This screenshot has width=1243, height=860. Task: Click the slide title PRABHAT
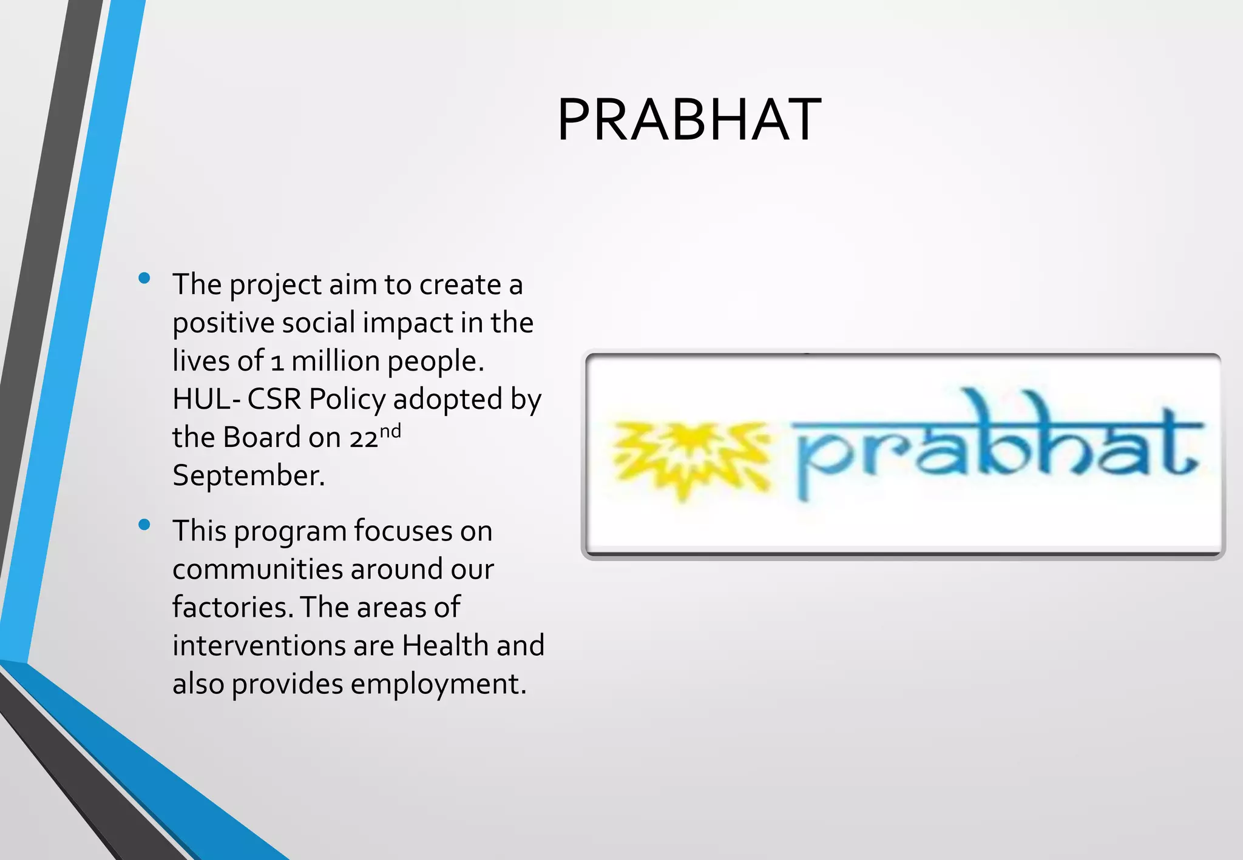click(689, 121)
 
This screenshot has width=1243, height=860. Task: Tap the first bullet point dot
click(144, 279)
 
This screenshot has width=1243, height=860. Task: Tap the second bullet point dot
click(144, 525)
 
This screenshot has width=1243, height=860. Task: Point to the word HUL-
click(206, 400)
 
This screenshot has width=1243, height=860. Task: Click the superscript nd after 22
click(390, 431)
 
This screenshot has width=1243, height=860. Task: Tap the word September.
click(248, 475)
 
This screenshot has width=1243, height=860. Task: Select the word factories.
click(232, 608)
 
